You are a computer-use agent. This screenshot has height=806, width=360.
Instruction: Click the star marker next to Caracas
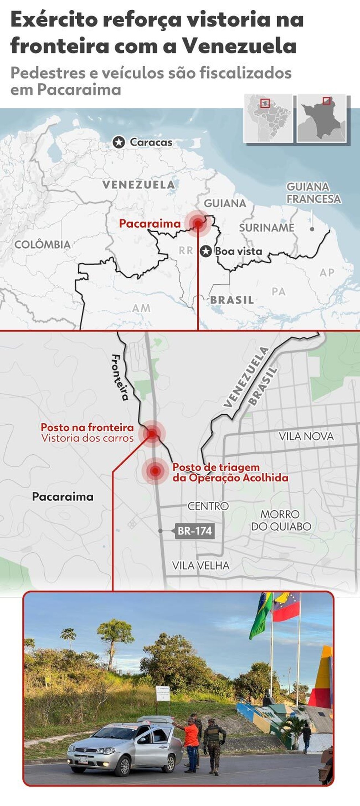click(x=119, y=142)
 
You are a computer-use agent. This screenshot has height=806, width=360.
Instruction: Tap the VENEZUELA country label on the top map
click(x=139, y=185)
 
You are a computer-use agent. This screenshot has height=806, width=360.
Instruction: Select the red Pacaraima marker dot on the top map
click(x=198, y=223)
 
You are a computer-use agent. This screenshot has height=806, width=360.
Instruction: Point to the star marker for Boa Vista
click(x=206, y=251)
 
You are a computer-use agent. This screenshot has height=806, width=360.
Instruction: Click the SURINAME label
click(x=266, y=228)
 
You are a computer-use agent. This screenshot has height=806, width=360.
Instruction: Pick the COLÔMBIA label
click(x=42, y=244)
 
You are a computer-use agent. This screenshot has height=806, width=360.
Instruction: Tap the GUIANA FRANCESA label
click(x=313, y=193)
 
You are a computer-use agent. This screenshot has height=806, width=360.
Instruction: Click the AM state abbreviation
click(x=141, y=308)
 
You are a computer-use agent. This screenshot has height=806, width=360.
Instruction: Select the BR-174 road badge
click(x=194, y=531)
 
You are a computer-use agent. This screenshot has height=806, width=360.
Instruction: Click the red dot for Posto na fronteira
click(x=152, y=434)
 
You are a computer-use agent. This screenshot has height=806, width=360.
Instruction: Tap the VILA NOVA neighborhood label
click(x=306, y=436)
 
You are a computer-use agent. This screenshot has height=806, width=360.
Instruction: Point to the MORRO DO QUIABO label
click(x=281, y=520)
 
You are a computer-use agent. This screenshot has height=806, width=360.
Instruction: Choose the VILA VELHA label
click(x=200, y=565)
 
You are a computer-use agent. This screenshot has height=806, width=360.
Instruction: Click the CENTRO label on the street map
click(x=208, y=506)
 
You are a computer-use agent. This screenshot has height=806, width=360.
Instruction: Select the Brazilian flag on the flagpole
click(x=261, y=616)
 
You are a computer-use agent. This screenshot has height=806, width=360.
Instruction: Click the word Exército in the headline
click(x=53, y=20)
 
